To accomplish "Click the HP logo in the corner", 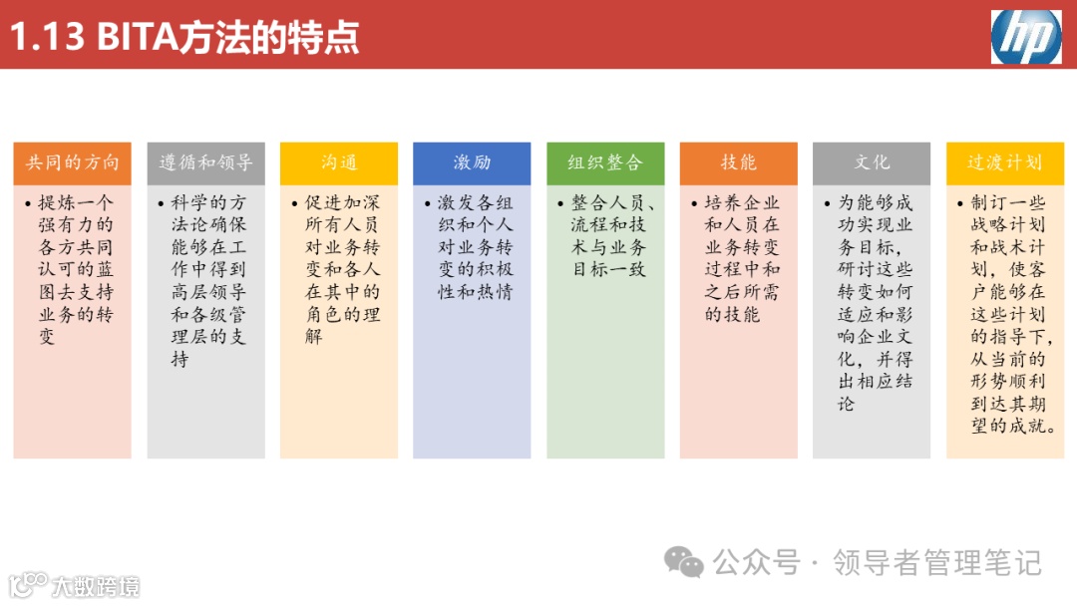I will [1026, 37].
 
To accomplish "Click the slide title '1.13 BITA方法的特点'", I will [184, 37].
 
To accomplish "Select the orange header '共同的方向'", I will [72, 162].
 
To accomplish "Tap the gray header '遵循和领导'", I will [205, 162].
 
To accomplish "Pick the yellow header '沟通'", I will [339, 162].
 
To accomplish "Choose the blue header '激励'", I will [473, 162].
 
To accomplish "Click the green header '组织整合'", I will [605, 162].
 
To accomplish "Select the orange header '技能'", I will [739, 162].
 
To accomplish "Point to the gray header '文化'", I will [872, 162].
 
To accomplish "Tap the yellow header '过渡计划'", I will [1005, 162].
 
